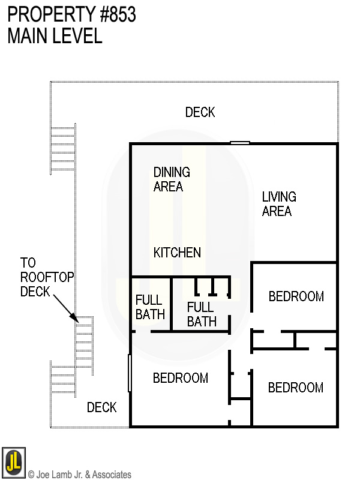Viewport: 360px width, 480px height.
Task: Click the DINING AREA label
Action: point(172,179)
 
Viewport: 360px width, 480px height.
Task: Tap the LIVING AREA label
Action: point(278,204)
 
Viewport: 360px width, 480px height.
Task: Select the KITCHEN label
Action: point(177,253)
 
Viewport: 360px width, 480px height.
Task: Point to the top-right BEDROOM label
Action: point(296,296)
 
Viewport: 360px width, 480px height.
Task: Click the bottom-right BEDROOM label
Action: point(295,388)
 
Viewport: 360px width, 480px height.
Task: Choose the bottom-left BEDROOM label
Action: point(180,378)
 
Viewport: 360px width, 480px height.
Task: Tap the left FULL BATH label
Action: point(150,307)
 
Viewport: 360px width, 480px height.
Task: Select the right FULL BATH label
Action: point(201,314)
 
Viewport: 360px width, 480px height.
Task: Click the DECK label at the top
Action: point(200,112)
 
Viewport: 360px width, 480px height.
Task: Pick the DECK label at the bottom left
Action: point(101,408)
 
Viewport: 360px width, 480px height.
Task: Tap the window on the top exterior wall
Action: point(240,143)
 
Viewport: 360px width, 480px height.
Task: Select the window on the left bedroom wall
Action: point(130,373)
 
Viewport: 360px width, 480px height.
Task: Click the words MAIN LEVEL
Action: point(55,36)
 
